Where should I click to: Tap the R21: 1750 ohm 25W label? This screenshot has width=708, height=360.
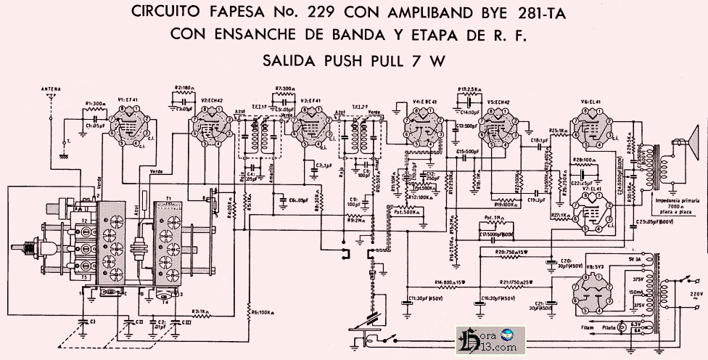click(516, 282)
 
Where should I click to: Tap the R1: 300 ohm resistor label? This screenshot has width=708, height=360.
click(96, 103)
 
